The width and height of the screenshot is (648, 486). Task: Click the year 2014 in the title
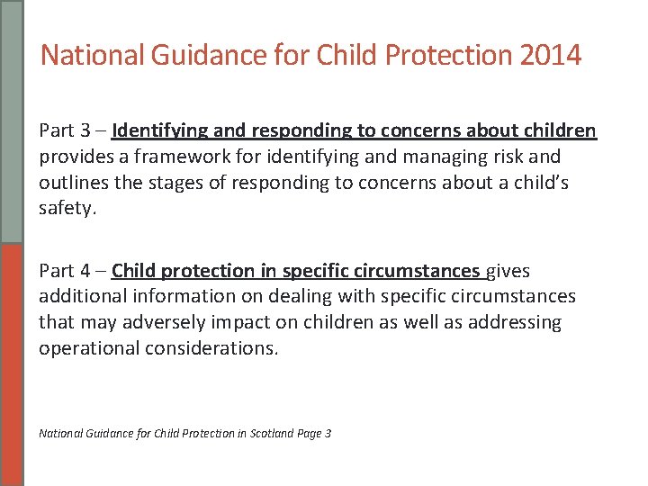[x=551, y=56]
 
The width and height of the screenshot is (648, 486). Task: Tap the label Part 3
[x=66, y=130]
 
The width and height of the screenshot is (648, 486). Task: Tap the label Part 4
[x=66, y=271]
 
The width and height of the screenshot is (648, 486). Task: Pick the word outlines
[x=73, y=183]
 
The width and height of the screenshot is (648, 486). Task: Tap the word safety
[x=67, y=209]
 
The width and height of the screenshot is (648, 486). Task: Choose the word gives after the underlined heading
[x=508, y=271]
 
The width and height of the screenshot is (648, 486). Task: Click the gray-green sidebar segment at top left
[x=11, y=121]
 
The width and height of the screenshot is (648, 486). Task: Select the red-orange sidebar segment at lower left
[x=11, y=364]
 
